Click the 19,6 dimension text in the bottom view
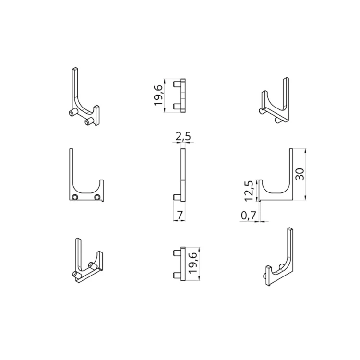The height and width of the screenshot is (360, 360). coord(193,264)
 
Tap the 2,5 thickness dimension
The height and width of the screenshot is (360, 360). coord(183,137)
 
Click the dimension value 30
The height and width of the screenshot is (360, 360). coord(300,174)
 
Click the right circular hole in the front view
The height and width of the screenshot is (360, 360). coord(97,197)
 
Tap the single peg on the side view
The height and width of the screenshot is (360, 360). coord(177,197)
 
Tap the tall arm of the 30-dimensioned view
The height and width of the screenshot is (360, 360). coord(291,168)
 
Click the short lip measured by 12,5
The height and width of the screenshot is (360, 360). coord(260,190)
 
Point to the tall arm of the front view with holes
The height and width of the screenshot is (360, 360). coord(71,168)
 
